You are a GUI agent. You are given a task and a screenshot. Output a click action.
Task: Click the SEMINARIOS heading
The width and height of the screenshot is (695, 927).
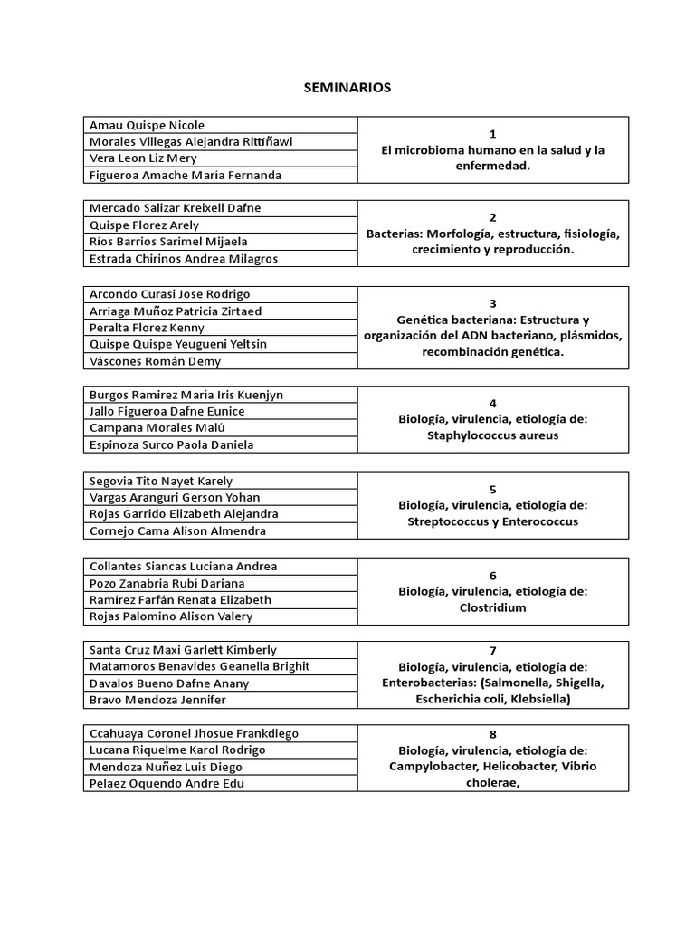tap(347, 88)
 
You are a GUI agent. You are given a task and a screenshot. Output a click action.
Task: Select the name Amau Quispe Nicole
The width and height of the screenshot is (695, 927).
tap(147, 125)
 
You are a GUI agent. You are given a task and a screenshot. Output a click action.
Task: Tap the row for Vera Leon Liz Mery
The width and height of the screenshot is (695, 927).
tap(143, 158)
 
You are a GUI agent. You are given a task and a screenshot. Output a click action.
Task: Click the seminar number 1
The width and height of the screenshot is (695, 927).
tap(492, 134)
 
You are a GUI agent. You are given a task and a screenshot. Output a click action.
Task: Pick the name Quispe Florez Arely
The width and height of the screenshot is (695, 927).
tap(145, 225)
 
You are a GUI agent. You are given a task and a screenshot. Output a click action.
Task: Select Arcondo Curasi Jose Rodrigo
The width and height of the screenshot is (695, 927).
tap(170, 294)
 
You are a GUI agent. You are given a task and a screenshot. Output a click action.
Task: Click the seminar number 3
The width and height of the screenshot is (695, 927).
tap(492, 303)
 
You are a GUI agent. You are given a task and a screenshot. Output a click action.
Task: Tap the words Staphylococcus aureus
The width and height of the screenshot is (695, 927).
tap(492, 435)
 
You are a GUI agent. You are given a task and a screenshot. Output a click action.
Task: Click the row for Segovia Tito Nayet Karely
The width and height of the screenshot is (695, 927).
tap(160, 481)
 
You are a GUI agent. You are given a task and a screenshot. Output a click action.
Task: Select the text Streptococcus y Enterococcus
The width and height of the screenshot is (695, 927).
tap(492, 521)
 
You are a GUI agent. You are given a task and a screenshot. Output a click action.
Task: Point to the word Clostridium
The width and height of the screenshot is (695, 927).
tap(492, 607)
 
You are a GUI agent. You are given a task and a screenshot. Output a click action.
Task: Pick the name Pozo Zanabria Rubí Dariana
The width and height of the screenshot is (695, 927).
tap(167, 583)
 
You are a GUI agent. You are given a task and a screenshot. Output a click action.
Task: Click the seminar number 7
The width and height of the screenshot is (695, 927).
tap(492, 650)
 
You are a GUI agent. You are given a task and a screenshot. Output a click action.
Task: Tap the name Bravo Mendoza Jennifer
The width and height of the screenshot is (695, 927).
tap(157, 700)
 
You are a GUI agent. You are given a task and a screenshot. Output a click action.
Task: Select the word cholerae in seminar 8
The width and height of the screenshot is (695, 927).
tap(492, 783)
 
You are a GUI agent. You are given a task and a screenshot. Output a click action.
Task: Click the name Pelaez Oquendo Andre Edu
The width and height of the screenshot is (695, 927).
tap(167, 783)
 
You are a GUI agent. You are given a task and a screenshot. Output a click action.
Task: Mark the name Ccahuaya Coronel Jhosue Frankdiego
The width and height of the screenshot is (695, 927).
tap(194, 733)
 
